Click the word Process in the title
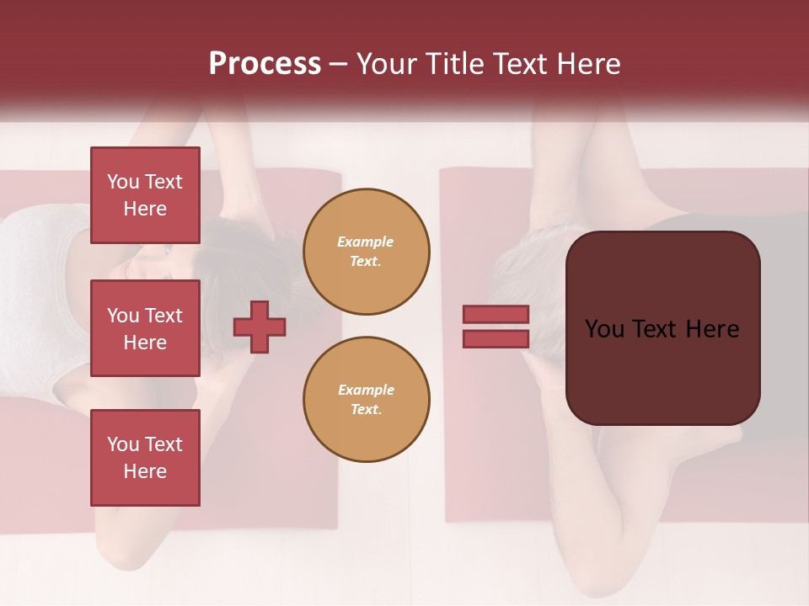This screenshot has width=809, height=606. coord(265,64)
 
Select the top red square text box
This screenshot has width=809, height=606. coord(145,195)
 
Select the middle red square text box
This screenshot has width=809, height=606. coord(145,328)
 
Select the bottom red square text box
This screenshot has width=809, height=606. coord(145,458)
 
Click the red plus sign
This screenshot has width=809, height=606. coord(260,327)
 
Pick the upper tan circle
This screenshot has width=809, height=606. coord(367,252)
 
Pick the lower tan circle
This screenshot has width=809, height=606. coord(367,400)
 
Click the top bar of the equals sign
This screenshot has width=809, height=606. coord(496,314)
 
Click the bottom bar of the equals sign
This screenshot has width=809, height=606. coord(496,339)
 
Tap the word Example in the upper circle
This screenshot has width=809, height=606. coord(366,242)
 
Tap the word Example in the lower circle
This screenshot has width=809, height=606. coord(366,391)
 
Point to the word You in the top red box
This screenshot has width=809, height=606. coord(123,182)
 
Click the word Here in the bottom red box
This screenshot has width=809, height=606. coord(145,471)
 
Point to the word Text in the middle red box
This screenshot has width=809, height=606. coord(163,316)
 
